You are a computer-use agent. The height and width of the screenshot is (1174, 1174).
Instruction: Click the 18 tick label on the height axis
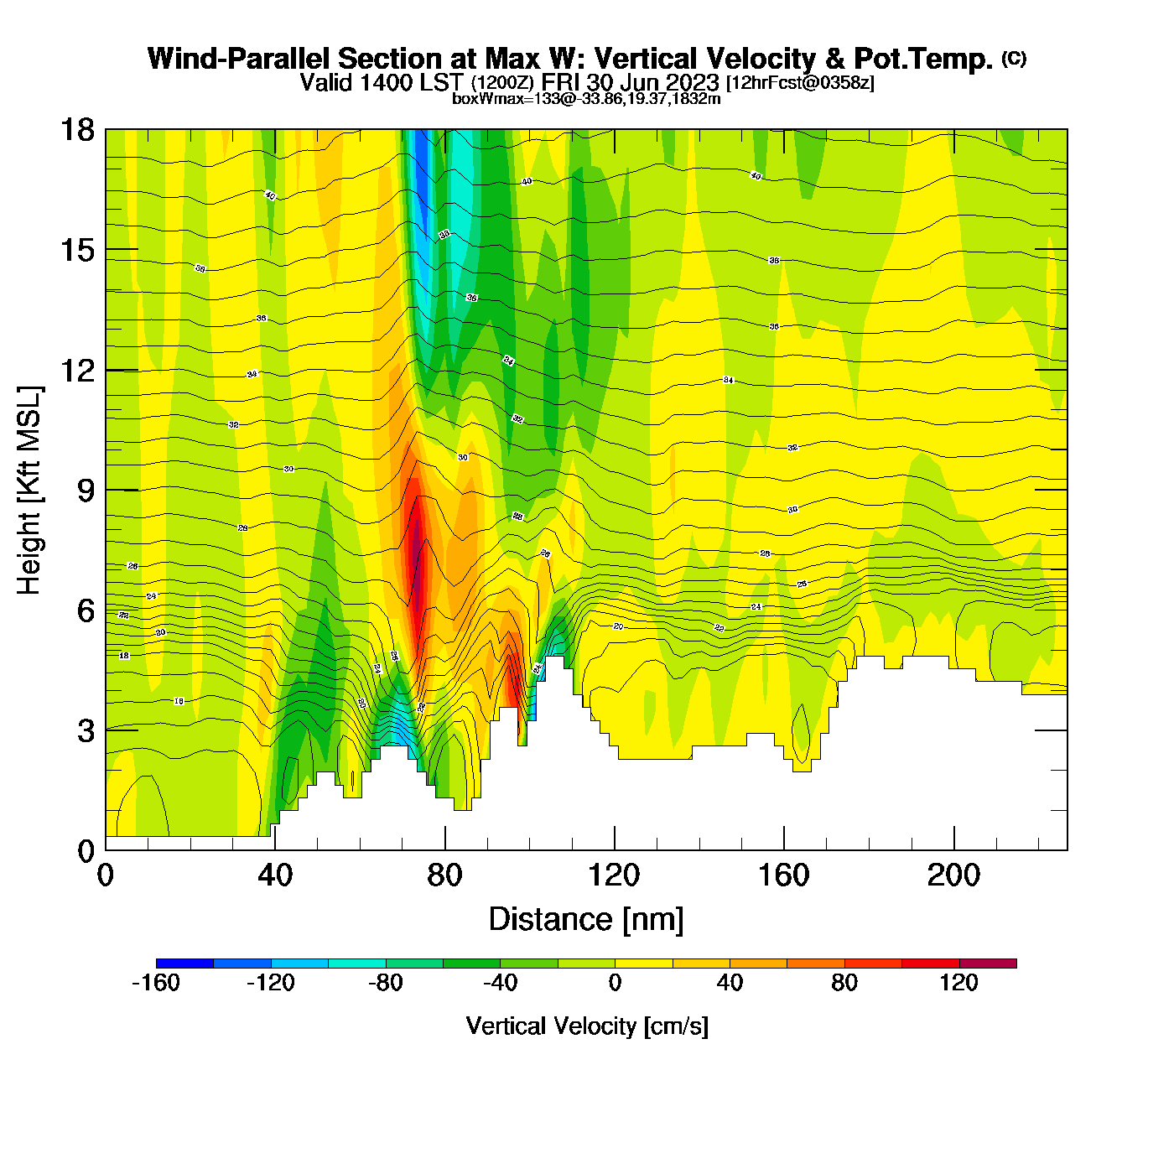77,130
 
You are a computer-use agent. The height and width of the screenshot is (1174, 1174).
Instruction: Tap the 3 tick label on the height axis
86,731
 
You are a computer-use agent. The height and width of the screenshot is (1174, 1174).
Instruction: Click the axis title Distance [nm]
586,920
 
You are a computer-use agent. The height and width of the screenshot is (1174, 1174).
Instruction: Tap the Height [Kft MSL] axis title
29,491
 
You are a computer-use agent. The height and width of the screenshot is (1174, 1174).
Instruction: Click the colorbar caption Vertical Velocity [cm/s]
587,1026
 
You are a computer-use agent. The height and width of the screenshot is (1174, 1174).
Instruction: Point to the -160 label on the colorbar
156,983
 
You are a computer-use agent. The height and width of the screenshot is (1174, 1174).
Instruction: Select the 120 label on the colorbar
958,983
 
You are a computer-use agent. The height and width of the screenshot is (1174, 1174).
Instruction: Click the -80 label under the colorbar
386,983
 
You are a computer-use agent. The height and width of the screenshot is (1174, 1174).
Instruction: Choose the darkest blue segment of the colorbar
184,964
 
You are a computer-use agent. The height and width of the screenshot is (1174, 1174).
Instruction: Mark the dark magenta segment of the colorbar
988,964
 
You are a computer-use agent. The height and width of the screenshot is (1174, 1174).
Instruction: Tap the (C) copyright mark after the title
1014,58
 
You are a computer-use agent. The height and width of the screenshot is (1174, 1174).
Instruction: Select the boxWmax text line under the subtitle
586,98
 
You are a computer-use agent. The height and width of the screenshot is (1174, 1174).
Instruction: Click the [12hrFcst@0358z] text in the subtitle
800,83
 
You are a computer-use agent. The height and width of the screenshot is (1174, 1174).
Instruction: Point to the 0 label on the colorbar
615,983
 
